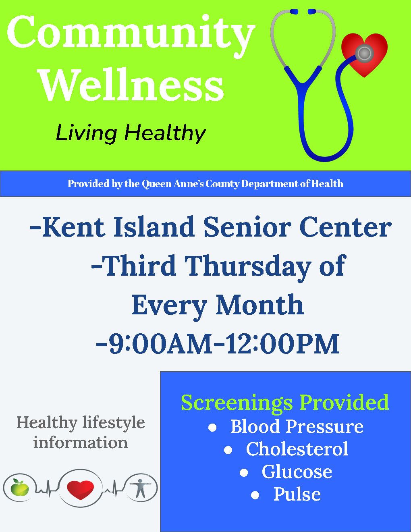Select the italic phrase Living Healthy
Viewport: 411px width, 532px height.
click(x=131, y=133)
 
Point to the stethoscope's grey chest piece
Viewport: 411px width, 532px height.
click(x=364, y=53)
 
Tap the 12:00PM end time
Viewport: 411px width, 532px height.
click(x=282, y=344)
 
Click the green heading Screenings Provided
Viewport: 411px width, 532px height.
click(x=285, y=402)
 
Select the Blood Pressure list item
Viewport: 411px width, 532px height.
click(x=297, y=426)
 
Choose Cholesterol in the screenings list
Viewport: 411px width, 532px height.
click(x=297, y=449)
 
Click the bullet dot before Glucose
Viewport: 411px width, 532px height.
click(x=244, y=472)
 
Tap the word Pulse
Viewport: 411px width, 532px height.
click(x=297, y=494)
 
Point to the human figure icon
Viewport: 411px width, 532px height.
click(x=140, y=488)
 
